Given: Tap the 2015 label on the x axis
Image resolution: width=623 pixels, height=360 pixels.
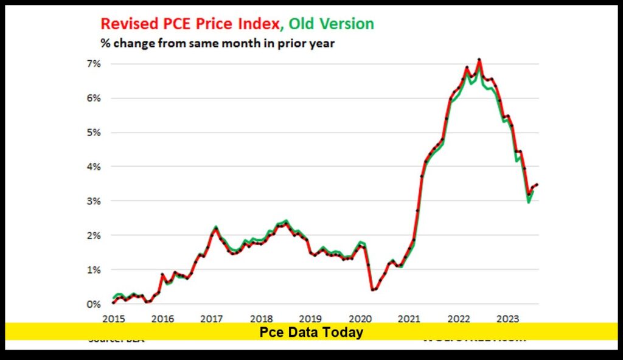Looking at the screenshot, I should pyautogui.click(x=113, y=318).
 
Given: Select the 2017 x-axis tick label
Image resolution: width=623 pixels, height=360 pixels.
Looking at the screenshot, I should pyautogui.click(x=211, y=318).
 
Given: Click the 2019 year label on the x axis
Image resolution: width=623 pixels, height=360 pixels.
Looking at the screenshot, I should pyautogui.click(x=310, y=318).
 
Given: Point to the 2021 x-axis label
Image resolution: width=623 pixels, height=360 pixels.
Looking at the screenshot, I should pyautogui.click(x=409, y=318).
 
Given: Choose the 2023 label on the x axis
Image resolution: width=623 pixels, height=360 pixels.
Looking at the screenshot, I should pyautogui.click(x=507, y=318).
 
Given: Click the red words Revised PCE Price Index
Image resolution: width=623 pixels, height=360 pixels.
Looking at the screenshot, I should pyautogui.click(x=190, y=24).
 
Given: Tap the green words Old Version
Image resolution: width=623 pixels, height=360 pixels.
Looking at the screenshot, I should pyautogui.click(x=331, y=24).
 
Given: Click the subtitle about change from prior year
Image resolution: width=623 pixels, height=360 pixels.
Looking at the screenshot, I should pyautogui.click(x=217, y=44).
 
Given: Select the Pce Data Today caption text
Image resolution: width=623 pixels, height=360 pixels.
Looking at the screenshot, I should pyautogui.click(x=311, y=332).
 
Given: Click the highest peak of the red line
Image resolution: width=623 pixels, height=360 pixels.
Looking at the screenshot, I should pyautogui.click(x=479, y=60).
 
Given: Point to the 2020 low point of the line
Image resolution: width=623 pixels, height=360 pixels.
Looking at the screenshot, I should pyautogui.click(x=372, y=289).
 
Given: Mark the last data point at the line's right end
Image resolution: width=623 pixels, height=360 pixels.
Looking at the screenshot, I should pyautogui.click(x=537, y=184).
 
